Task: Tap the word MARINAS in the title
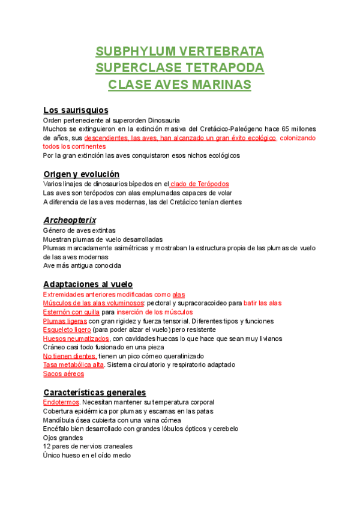tap(222, 85)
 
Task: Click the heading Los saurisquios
tap(76, 110)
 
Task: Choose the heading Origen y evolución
tap(81, 174)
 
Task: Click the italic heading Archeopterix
tap(70, 220)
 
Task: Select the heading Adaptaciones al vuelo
tap(88, 284)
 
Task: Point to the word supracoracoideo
tap(203, 303)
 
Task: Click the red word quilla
tap(89, 312)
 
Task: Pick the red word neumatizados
tap(85, 339)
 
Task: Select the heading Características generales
tap(94, 392)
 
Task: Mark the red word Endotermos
tap(61, 402)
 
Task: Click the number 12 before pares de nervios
tap(47, 447)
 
